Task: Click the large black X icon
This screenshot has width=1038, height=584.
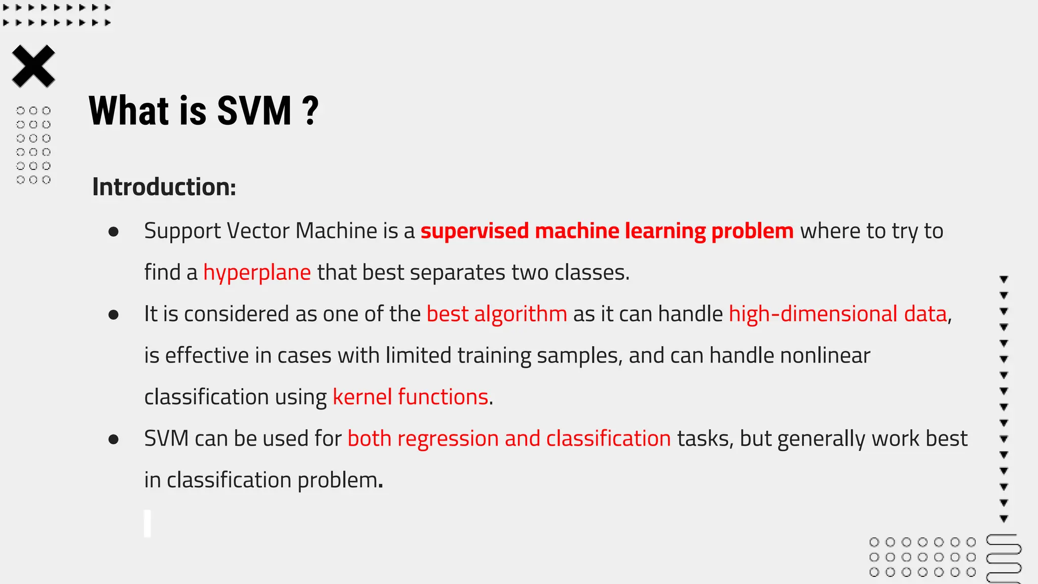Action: (33, 66)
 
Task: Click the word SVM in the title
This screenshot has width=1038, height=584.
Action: (254, 111)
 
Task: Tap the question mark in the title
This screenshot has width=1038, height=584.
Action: (310, 111)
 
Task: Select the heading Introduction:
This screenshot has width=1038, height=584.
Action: (164, 187)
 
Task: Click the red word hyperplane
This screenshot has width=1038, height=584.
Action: (257, 273)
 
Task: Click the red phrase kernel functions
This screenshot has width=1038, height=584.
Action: (410, 397)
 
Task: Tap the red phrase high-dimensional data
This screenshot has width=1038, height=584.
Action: (838, 314)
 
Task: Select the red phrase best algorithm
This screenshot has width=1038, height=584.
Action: (497, 314)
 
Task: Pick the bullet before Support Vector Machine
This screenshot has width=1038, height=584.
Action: (114, 232)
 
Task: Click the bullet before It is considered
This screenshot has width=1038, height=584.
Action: (114, 315)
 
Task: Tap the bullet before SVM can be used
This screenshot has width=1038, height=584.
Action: (114, 440)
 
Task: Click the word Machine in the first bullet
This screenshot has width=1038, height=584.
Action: (336, 231)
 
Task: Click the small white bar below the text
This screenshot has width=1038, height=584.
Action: (147, 524)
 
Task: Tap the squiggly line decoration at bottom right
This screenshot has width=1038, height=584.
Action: (1004, 558)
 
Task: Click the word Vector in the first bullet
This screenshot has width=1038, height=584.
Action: (257, 231)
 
